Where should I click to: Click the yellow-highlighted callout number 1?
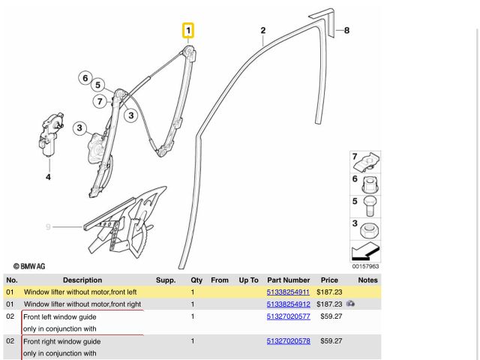(189, 31)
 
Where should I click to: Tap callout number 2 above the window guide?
(263, 31)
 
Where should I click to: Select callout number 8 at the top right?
(346, 31)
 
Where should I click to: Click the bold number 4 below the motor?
(48, 177)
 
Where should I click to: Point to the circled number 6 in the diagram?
(85, 77)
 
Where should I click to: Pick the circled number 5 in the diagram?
(98, 86)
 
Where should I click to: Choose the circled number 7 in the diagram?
(100, 101)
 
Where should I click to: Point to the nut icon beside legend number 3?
(370, 228)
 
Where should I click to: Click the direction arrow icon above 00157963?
(365, 251)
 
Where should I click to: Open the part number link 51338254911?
(288, 292)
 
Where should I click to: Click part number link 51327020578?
(288, 341)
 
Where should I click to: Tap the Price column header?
(330, 280)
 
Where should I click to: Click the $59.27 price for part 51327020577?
(331, 316)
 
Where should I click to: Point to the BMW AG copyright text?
(29, 266)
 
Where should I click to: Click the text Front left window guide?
(61, 317)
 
